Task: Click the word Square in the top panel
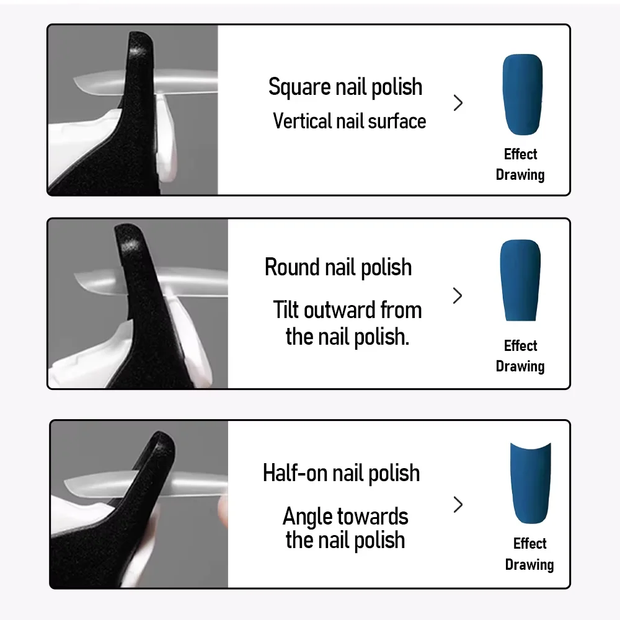299,87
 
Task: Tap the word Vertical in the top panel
302,121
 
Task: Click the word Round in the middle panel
292,267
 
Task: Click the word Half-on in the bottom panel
294,473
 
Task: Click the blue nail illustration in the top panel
522,94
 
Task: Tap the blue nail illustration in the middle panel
520,280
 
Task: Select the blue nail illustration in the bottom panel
531,483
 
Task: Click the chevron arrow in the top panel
458,103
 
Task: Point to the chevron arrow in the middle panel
458,295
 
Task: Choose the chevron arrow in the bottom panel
458,505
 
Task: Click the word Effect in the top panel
520,154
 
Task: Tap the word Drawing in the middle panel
520,366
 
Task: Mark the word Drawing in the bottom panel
529,565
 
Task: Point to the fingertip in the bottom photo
223,511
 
